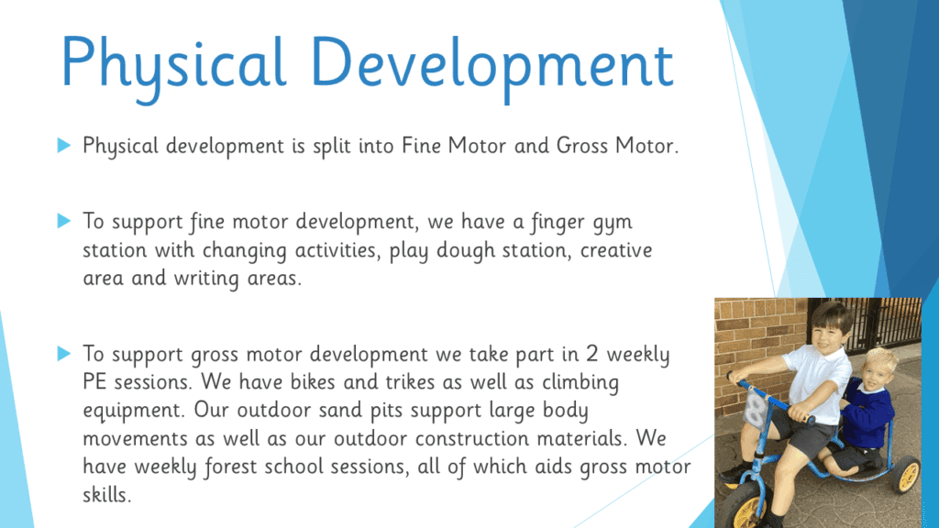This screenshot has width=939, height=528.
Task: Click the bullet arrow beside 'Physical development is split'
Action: pyautogui.click(x=64, y=145)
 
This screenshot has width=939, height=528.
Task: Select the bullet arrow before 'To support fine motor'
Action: pyautogui.click(x=64, y=220)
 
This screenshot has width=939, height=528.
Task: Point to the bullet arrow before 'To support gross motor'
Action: pyautogui.click(x=64, y=353)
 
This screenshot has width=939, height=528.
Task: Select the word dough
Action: pyautogui.click(x=466, y=251)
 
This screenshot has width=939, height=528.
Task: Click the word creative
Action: pyautogui.click(x=616, y=250)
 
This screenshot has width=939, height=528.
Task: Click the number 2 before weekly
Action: pyautogui.click(x=591, y=354)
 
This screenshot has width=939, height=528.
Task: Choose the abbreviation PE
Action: pyautogui.click(x=95, y=382)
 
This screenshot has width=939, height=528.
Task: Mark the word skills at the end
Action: pyautogui.click(x=106, y=494)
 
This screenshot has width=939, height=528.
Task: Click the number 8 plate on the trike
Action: pyautogui.click(x=756, y=412)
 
